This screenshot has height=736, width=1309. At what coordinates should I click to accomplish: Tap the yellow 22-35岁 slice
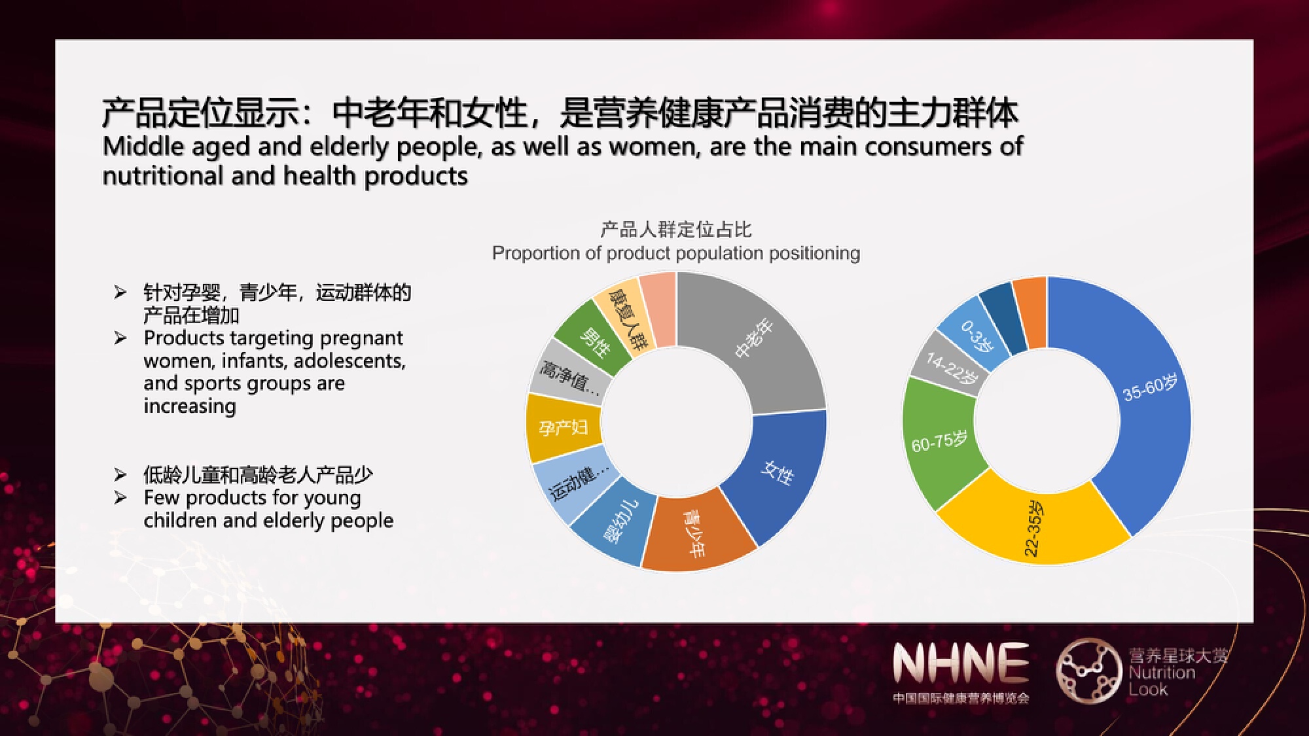pyautogui.click(x=1034, y=527)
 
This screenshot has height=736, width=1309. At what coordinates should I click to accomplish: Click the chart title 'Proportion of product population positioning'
pyautogui.click(x=676, y=253)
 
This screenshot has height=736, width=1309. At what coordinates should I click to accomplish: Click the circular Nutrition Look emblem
pyautogui.click(x=1088, y=671)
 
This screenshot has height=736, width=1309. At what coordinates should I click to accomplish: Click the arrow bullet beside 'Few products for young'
pyautogui.click(x=120, y=498)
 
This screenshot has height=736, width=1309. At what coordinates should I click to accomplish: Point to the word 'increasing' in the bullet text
pyautogui.click(x=190, y=406)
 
